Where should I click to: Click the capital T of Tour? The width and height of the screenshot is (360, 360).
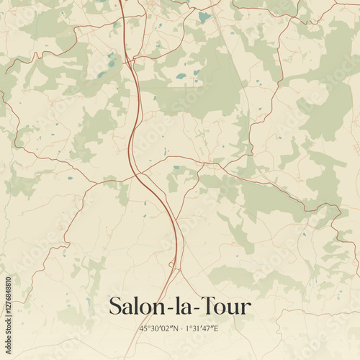coord(204,306)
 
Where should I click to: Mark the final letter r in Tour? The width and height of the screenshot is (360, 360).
coord(246,308)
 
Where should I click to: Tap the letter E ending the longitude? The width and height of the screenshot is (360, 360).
coord(216,328)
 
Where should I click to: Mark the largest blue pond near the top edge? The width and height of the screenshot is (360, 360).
coord(204,17)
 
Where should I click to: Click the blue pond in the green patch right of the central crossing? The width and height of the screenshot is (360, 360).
coord(176,168)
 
